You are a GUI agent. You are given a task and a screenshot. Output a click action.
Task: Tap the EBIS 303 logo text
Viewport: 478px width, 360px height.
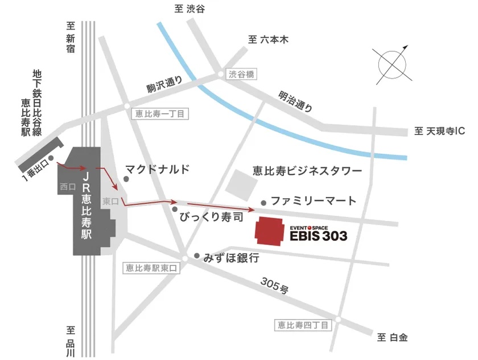(x=319, y=234)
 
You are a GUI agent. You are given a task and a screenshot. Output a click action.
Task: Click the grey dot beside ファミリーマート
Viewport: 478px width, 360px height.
(x=263, y=202)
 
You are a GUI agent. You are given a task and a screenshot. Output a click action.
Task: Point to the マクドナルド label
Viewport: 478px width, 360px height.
(x=156, y=169)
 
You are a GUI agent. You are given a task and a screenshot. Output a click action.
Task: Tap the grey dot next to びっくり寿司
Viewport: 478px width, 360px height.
(x=175, y=209)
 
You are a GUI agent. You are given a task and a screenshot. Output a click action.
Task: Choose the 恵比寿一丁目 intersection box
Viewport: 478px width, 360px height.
(x=159, y=114)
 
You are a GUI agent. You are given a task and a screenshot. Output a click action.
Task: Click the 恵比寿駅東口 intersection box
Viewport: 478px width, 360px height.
(x=151, y=268)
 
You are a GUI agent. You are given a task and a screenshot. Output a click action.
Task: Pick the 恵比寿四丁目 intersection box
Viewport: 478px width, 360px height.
(x=302, y=325)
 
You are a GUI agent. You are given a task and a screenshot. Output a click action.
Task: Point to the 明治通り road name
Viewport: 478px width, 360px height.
(x=295, y=101)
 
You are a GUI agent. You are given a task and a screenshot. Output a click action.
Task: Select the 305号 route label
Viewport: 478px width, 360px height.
(x=274, y=285)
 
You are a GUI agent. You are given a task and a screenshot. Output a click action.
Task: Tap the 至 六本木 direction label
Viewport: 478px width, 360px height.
(x=269, y=40)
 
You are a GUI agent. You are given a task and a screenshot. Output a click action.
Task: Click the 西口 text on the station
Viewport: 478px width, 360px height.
(x=67, y=186)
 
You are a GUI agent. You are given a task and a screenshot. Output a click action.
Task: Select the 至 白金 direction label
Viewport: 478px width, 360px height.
(x=392, y=338)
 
